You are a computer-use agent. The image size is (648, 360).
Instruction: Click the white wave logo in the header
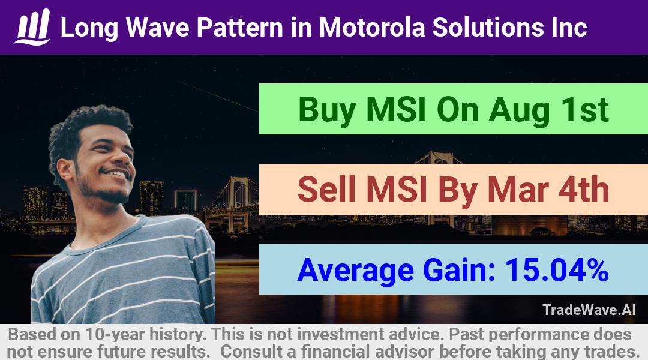pyautogui.click(x=32, y=27)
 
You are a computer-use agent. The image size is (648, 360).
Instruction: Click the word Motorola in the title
pyautogui.click(x=372, y=28)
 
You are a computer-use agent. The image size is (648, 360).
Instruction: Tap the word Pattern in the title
pyautogui.click(x=239, y=28)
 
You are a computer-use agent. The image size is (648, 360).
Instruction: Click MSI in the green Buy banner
pyautogui.click(x=396, y=110)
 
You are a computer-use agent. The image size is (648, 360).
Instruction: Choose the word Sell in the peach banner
pyautogui.click(x=326, y=189)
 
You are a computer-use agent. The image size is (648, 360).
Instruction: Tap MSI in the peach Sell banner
pyautogui.click(x=396, y=189)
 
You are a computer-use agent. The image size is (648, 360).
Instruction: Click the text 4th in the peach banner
pyautogui.click(x=584, y=189)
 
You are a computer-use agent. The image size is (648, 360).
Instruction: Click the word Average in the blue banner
pyautogui.click(x=355, y=271)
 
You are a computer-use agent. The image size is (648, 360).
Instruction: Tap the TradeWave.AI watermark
pyautogui.click(x=589, y=310)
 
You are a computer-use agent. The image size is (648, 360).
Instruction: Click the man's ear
pyautogui.click(x=65, y=169)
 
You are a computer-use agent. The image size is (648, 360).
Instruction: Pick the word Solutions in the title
pyautogui.click(x=488, y=28)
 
